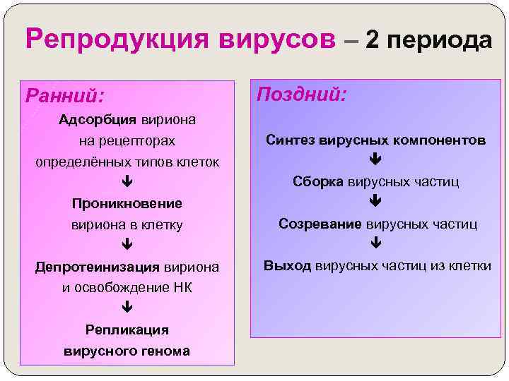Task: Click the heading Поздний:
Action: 301,93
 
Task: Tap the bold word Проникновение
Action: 127,203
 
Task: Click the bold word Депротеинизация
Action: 98,267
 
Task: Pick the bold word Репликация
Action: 127,329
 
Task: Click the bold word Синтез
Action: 291,140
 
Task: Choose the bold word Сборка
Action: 318,181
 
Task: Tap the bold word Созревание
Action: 320,224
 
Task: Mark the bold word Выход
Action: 287,266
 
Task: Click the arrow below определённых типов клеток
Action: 127,182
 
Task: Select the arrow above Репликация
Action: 127,308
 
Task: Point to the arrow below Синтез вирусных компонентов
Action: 375,160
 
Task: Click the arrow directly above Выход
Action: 375,245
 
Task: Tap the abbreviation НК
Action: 182,287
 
